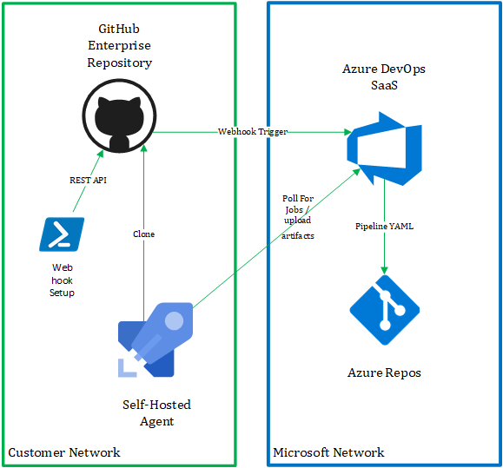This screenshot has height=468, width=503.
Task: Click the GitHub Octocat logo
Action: (x=119, y=115)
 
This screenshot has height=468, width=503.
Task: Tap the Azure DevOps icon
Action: (x=384, y=148)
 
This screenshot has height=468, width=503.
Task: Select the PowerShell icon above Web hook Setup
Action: (x=62, y=234)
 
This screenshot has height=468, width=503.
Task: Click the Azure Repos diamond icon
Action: (x=385, y=310)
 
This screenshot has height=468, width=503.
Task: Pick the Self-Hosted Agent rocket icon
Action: (x=156, y=339)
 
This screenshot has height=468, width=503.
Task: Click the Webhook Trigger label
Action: (x=253, y=132)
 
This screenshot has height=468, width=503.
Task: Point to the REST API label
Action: (x=89, y=180)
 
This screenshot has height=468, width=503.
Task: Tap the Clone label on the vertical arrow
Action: (x=143, y=234)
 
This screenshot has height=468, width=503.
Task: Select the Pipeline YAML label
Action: (x=384, y=227)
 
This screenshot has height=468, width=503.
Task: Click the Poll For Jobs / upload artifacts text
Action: (x=298, y=217)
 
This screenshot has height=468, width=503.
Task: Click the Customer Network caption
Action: (x=64, y=452)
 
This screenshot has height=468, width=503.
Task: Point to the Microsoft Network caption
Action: (x=328, y=452)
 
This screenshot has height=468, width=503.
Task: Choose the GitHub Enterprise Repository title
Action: (x=119, y=46)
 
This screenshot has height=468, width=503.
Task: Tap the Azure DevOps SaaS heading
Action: (x=384, y=77)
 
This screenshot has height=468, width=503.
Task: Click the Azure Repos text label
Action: (x=384, y=372)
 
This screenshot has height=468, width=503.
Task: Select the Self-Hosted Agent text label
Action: (x=157, y=413)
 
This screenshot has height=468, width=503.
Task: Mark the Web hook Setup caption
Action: (x=62, y=280)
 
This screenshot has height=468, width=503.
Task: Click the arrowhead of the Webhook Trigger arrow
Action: (x=348, y=132)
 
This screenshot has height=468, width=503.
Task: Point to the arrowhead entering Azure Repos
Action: (x=384, y=271)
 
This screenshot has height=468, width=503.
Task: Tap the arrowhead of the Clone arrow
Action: (x=143, y=148)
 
